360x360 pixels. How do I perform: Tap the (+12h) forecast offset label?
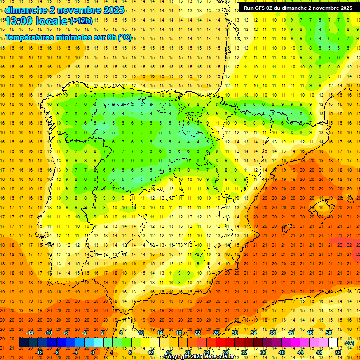tap(81, 21)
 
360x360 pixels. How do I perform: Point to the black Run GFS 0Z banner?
tap(298, 7)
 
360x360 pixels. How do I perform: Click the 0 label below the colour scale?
tap(93, 352)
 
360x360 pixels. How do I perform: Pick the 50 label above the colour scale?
tap(329, 333)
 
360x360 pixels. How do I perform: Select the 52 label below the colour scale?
tap(338, 352)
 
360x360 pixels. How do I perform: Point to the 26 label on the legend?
tap(216, 333)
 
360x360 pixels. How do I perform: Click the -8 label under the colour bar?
tap(57, 352)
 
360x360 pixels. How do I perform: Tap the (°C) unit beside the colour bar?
tap(349, 343)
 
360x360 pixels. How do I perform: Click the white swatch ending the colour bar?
tap(333, 343)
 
